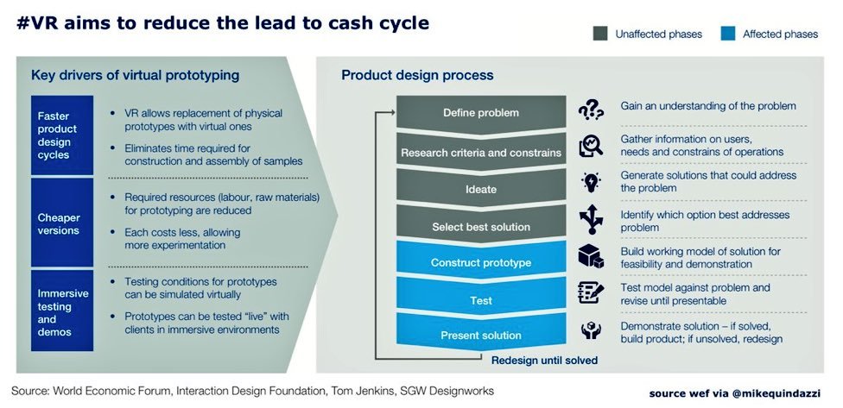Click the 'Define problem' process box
click(480, 113)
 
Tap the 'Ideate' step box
click(480, 189)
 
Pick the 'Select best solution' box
click(480, 227)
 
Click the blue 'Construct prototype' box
click(480, 262)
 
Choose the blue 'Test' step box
click(480, 300)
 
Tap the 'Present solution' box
click(480, 336)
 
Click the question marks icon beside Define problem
click(591, 110)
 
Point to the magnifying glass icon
click(591, 147)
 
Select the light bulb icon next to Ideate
click(591, 183)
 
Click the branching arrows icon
click(591, 219)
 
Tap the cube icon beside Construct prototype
click(591, 256)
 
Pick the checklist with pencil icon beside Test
click(591, 292)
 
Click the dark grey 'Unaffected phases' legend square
click(599, 35)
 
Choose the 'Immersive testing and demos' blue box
click(60, 311)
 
